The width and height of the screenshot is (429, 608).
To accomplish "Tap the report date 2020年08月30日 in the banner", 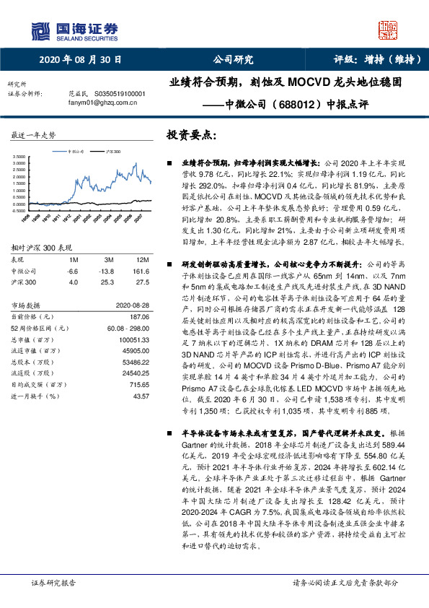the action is pyautogui.click(x=80, y=61).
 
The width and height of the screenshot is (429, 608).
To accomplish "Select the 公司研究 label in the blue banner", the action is pyautogui.click(x=232, y=61).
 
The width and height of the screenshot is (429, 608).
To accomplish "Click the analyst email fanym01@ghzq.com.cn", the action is pyautogui.click(x=89, y=103).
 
